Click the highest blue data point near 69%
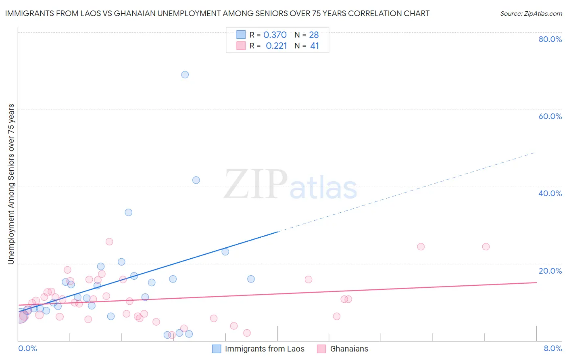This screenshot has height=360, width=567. click(x=185, y=75)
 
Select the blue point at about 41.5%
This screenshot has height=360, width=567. click(x=196, y=180)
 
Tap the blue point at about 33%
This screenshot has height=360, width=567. click(x=129, y=212)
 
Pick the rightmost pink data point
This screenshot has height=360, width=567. click(x=486, y=247)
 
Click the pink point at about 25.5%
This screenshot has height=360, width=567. click(x=109, y=242)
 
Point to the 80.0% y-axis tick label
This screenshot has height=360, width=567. click(x=550, y=39)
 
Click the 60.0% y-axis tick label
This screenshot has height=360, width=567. click(x=550, y=116)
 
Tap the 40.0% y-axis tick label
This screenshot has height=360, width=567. click(x=550, y=193)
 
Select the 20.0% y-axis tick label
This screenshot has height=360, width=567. click(x=550, y=271)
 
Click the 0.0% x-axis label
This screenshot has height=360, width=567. click(x=27, y=349)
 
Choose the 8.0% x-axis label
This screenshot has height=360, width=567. click(x=552, y=349)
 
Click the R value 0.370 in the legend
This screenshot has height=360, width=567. click(x=275, y=35)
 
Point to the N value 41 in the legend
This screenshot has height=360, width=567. click(x=315, y=46)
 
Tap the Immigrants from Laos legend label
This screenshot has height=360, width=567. click(x=265, y=349)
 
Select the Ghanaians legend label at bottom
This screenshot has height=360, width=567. click(x=349, y=349)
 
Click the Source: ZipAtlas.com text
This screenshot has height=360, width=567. click(x=531, y=14)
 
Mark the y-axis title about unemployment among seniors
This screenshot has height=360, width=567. click(x=11, y=184)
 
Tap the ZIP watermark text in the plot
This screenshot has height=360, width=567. click(x=256, y=185)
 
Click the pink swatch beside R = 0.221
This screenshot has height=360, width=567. click(x=241, y=46)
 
